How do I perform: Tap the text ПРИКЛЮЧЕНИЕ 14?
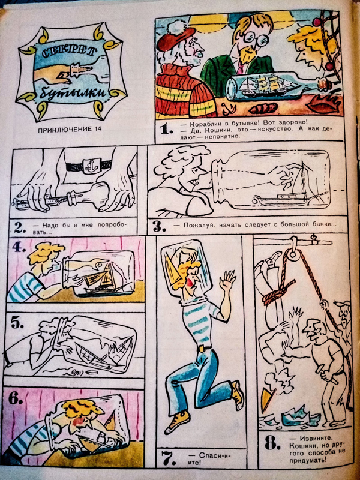(70, 129)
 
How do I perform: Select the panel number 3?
(159, 227)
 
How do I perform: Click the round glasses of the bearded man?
(254, 40)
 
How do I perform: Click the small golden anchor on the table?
(227, 109)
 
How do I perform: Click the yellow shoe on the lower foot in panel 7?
(178, 422)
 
